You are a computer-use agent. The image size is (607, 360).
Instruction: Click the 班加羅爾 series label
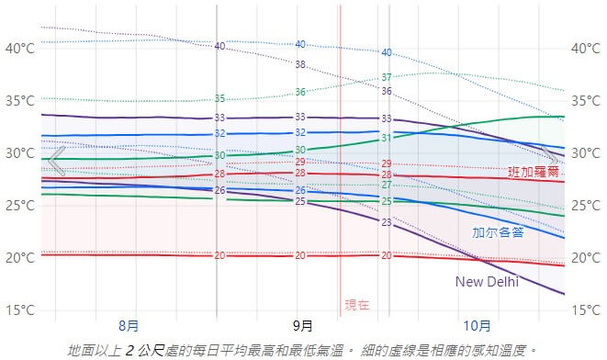(533, 171)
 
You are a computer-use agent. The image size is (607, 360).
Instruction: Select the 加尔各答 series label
(498, 232)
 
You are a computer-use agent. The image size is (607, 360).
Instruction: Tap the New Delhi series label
(487, 282)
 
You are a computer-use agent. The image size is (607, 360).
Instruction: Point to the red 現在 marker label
(357, 304)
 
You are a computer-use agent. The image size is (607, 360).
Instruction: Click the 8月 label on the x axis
(129, 325)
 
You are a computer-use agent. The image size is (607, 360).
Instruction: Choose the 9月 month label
(303, 325)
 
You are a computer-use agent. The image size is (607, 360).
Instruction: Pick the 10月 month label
(477, 325)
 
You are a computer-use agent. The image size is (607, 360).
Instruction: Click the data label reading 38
(300, 64)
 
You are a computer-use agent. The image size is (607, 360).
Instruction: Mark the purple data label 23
(386, 222)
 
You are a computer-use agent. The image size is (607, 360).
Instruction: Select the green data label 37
(387, 77)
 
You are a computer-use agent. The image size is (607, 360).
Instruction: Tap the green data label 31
(387, 138)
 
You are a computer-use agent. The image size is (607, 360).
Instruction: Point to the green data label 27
(387, 186)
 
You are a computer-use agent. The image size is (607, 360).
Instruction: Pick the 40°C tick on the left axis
(19, 48)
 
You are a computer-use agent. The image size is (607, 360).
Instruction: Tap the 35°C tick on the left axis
(19, 100)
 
